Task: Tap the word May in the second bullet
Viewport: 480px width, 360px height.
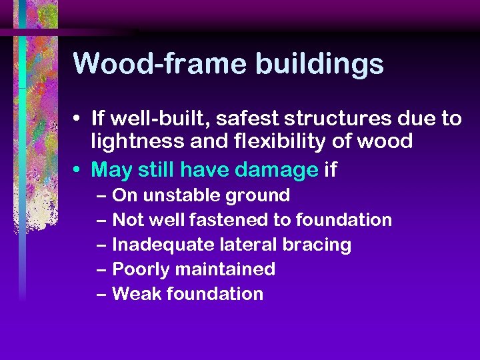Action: click(111, 170)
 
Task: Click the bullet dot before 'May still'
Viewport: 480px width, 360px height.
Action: click(79, 171)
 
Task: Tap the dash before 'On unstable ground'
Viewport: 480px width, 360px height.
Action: click(101, 196)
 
